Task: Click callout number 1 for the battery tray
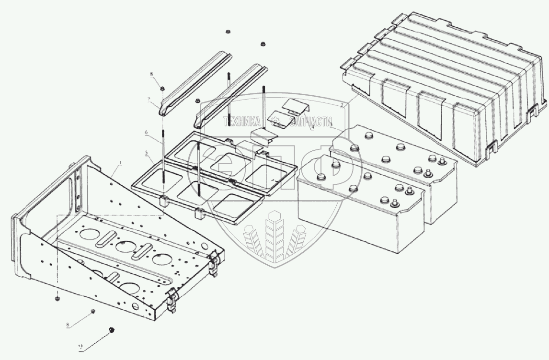pyautogui.click(x=120, y=163)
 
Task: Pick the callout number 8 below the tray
pyautogui.click(x=68, y=325)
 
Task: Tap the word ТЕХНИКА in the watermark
pyautogui.click(x=241, y=122)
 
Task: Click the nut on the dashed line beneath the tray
pyautogui.click(x=57, y=299)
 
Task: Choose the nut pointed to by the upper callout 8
pyautogui.click(x=163, y=88)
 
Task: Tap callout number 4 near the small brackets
pyautogui.click(x=312, y=128)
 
